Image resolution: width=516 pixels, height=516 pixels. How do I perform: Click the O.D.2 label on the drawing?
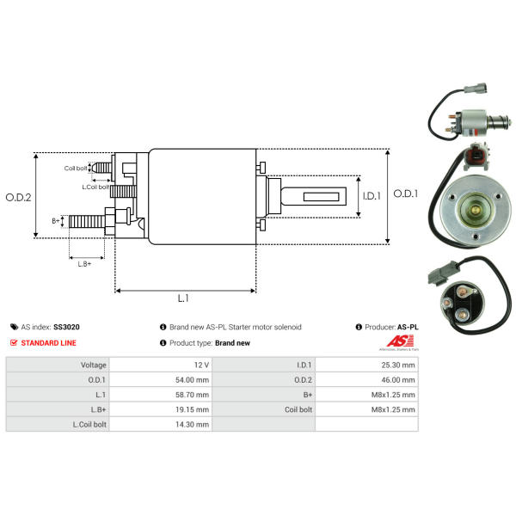(18, 198)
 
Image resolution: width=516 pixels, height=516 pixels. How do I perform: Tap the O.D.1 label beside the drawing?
(406, 193)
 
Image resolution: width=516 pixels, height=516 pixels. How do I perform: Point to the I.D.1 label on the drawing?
(372, 196)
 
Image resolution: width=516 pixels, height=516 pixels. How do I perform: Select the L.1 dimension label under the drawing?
(183, 298)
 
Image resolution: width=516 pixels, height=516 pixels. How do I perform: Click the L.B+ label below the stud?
(84, 264)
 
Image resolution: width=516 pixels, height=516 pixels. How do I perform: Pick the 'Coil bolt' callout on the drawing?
(76, 169)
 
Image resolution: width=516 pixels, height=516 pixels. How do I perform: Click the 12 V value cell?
(201, 365)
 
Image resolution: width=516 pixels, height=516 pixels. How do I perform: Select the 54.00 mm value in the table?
(192, 380)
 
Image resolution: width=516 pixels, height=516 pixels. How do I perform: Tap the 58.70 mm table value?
(192, 395)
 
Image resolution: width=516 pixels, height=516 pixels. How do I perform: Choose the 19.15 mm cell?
(192, 409)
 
